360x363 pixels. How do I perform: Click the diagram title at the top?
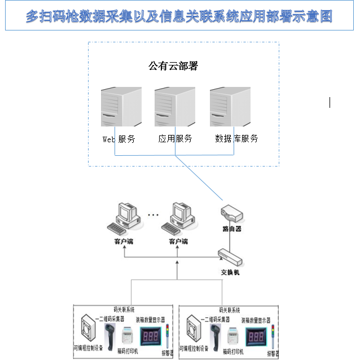[x=179, y=16]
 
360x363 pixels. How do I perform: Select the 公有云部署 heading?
[x=173, y=66]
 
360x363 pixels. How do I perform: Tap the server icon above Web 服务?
[x=121, y=106]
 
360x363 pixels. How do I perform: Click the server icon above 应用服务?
[x=174, y=106]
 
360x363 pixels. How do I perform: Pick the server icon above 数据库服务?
[x=230, y=106]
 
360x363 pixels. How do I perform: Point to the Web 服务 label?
[x=118, y=139]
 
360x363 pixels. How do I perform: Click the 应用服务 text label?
[x=175, y=139]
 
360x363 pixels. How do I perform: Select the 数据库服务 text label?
[x=237, y=139]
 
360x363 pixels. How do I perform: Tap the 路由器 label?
[x=232, y=229]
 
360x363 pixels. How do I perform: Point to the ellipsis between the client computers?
[x=153, y=215]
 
